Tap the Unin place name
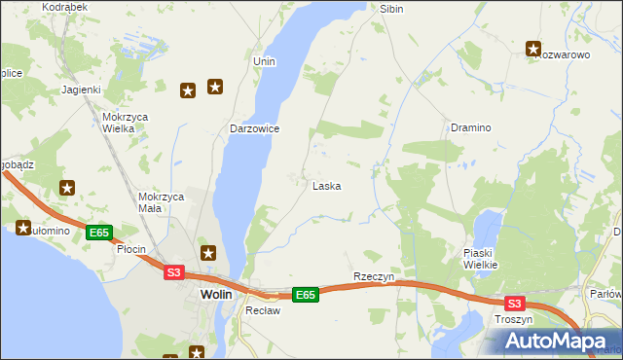(x=264, y=61)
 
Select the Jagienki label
(x=82, y=90)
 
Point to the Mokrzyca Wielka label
(x=125, y=122)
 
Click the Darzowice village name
(x=255, y=128)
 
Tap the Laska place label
(x=326, y=186)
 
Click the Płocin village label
(x=130, y=249)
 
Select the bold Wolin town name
(x=215, y=294)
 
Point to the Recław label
(x=263, y=311)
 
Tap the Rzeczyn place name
(x=374, y=276)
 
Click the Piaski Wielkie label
(x=481, y=258)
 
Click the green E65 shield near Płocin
(x=98, y=233)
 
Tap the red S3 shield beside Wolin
(x=173, y=272)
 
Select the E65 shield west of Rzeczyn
(x=306, y=294)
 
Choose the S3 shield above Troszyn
(x=514, y=303)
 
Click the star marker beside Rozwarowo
(x=534, y=48)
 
